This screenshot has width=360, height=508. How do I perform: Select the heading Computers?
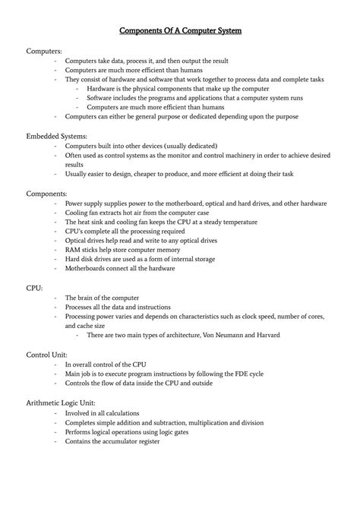tap(45, 50)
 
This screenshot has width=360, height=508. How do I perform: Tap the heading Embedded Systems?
tap(57, 135)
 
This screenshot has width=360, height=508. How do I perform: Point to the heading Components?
tap(48, 193)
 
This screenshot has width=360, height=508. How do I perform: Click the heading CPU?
tap(35, 289)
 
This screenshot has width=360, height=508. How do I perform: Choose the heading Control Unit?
tap(48, 355)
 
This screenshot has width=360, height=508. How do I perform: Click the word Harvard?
tap(264, 336)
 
